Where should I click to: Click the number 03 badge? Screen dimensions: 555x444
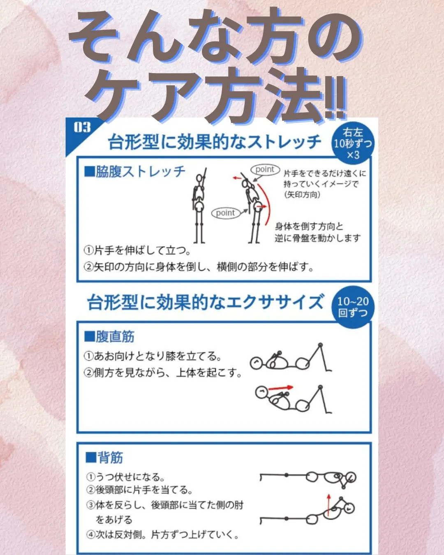[82, 127]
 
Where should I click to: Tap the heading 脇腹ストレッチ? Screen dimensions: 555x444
[135, 172]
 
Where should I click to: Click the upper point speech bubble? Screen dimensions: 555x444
[265, 169]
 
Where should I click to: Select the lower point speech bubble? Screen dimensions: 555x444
[226, 213]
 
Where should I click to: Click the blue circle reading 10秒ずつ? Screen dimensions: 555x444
[352, 143]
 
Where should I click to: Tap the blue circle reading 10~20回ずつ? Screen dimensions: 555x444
[353, 307]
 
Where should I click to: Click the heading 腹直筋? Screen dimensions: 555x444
[110, 336]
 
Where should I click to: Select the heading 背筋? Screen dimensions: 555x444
[104, 457]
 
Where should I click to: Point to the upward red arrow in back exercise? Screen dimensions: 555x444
[328, 505]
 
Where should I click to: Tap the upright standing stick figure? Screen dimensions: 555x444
[199, 206]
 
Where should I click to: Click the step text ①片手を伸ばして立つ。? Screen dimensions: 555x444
[137, 250]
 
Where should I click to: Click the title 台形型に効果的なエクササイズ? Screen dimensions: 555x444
[205, 303]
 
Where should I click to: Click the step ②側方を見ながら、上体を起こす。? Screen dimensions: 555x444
[163, 372]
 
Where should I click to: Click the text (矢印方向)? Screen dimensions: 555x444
[302, 194]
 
